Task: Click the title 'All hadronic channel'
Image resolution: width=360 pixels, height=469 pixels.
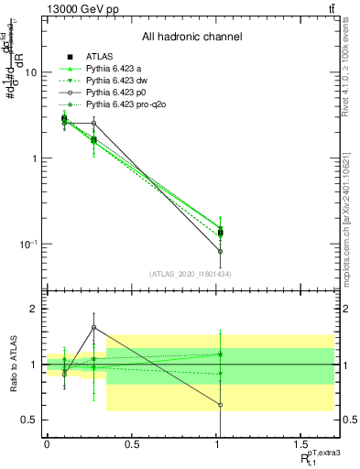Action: tap(192, 38)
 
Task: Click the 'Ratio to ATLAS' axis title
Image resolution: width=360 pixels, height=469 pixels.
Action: tap(12, 365)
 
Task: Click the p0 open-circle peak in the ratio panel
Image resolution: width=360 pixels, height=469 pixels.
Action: tap(93, 327)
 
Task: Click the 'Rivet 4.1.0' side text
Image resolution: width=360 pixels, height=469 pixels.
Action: tap(345, 69)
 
